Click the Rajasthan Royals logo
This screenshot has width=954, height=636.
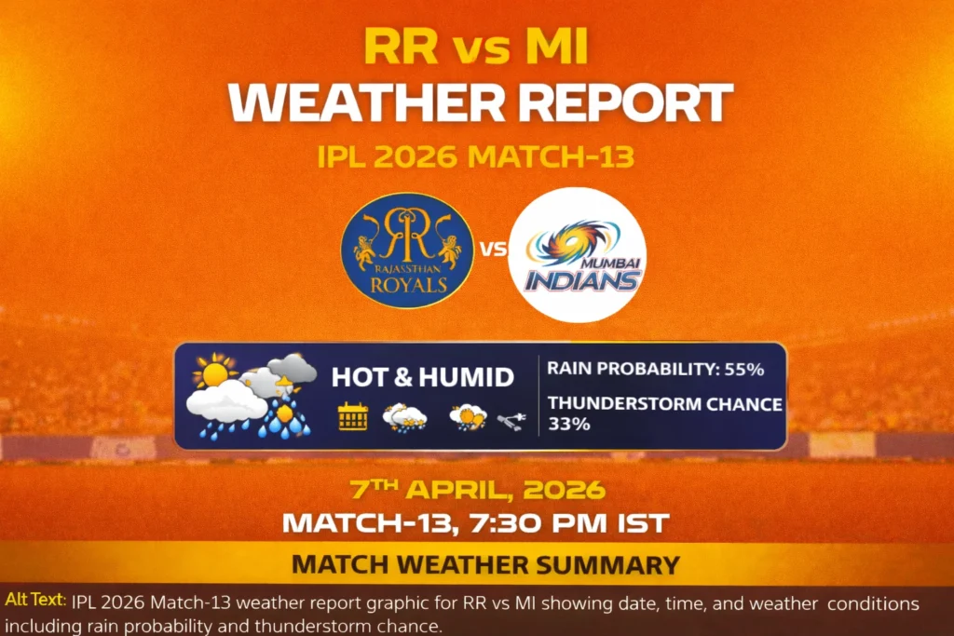coord(407,250)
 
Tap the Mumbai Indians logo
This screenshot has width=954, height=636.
coord(578,254)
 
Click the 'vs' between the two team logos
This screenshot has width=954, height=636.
coord(492,250)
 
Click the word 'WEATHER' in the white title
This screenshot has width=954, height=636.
coord(353,102)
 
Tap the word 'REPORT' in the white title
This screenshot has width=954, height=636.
coord(608,102)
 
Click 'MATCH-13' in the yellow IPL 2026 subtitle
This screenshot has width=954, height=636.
coord(551,156)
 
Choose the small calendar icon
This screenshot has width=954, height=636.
coord(352,416)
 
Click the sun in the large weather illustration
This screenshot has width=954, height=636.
coord(214,373)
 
